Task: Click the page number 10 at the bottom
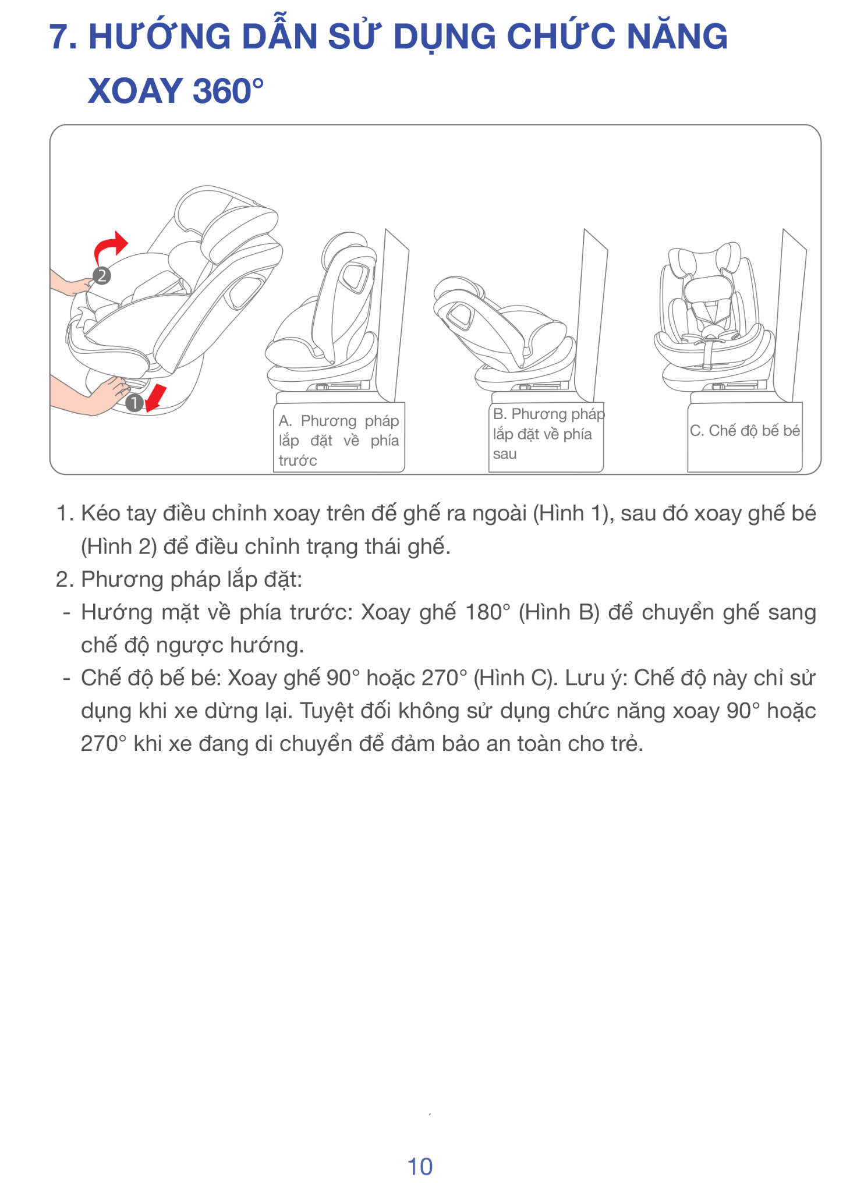coord(420,1166)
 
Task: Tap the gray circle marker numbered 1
coord(134,403)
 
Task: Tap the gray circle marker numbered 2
coord(102,275)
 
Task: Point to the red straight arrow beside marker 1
coord(155,398)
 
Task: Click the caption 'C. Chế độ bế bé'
coord(745,431)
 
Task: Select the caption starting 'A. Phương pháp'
coord(338,441)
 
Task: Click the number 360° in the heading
coord(228,91)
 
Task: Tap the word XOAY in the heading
coord(136,91)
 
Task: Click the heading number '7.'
coord(64,37)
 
